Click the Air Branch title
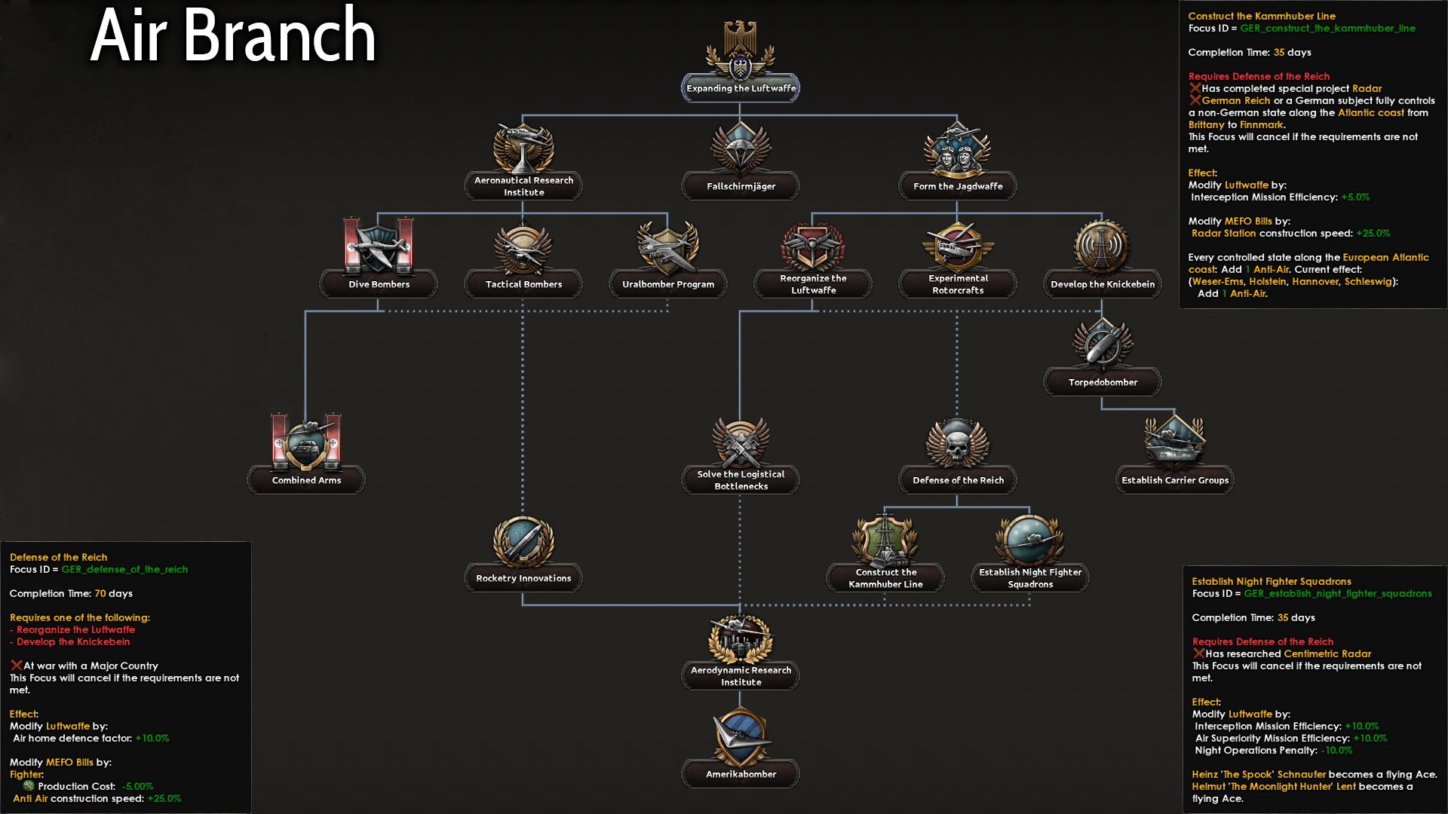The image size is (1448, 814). (x=233, y=35)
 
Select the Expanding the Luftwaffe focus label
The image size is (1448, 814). (x=741, y=88)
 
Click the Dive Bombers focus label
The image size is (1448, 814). (x=379, y=284)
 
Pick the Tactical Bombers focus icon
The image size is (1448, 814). (x=523, y=247)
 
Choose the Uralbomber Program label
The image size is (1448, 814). (x=667, y=284)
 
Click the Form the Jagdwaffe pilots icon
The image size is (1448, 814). (x=957, y=148)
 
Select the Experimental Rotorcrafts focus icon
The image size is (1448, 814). (x=957, y=245)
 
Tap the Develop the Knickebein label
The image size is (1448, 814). (x=1102, y=284)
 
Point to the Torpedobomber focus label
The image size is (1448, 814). (x=1102, y=382)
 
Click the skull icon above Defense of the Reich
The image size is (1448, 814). (x=957, y=443)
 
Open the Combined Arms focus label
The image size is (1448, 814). (x=306, y=480)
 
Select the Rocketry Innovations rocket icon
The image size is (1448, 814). (x=523, y=540)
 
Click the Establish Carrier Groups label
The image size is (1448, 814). (x=1174, y=480)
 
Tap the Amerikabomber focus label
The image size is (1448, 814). (x=741, y=774)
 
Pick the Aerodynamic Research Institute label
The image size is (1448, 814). (x=741, y=675)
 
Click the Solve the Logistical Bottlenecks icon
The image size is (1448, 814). (x=741, y=443)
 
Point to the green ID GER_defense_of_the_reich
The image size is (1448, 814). (x=124, y=569)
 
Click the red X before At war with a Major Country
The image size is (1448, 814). (x=16, y=665)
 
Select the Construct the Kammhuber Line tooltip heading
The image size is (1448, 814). (x=1261, y=16)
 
